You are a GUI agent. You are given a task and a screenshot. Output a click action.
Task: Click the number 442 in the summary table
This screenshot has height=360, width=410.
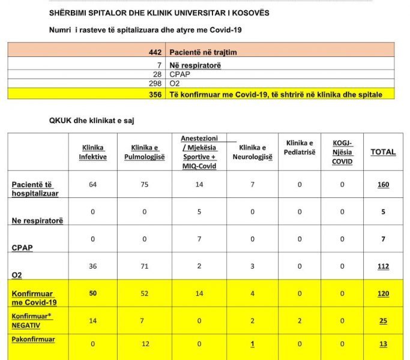point(155,52)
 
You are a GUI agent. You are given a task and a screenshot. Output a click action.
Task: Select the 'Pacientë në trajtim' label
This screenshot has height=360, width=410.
point(203,52)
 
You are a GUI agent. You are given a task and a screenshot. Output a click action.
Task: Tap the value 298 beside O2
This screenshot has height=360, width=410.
point(155,84)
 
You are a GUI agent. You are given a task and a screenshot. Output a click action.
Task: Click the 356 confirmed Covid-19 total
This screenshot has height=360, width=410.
point(155,94)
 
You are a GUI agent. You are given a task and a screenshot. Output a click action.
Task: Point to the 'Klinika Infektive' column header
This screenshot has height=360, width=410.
point(92,152)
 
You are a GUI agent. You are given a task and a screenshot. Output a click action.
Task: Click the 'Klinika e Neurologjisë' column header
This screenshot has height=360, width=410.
point(253,152)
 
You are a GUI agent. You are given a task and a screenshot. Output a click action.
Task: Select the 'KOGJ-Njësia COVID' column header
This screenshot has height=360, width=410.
point(342,152)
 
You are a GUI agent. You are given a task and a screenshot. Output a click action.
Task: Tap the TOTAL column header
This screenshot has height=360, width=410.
point(382,152)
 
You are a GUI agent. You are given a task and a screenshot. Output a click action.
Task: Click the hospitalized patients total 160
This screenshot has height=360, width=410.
point(382,185)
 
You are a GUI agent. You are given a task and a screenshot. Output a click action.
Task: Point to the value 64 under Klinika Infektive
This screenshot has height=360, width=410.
point(92,185)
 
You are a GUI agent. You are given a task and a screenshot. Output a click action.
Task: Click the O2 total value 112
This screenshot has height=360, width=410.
point(382,266)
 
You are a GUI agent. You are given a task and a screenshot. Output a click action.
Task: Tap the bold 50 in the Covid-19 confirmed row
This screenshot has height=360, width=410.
point(92,293)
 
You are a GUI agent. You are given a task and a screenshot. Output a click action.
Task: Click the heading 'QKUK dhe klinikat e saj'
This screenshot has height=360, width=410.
point(92,121)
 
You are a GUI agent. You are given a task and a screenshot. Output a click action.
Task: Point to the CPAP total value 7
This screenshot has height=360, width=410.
point(382,239)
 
